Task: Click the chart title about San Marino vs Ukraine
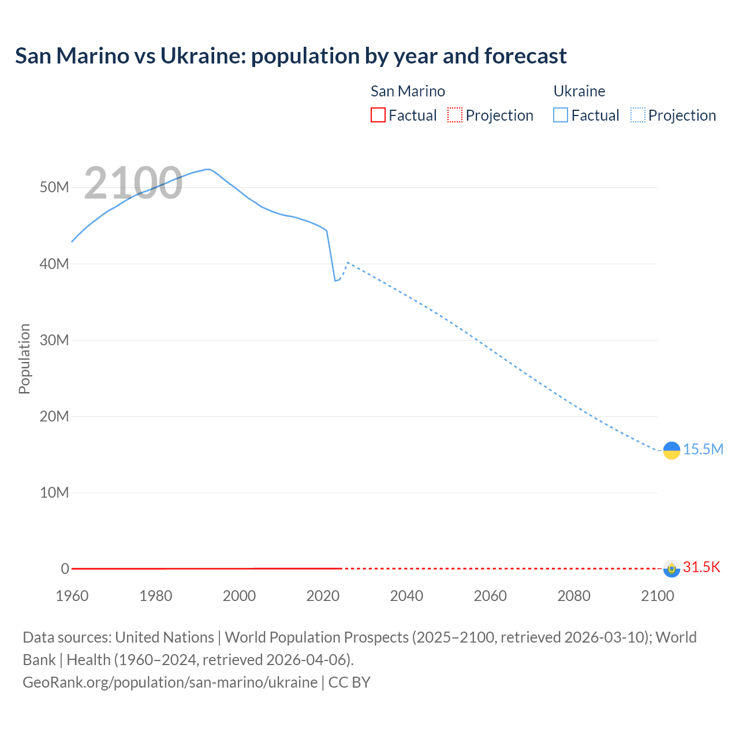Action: pyautogui.click(x=290, y=56)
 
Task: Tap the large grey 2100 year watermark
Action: pyautogui.click(x=133, y=183)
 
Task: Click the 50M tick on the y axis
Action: pyautogui.click(x=54, y=188)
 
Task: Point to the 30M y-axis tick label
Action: pyautogui.click(x=54, y=340)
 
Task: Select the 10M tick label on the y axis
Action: pyautogui.click(x=54, y=492)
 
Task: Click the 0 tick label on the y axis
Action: pyautogui.click(x=65, y=569)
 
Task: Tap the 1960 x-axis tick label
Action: pyautogui.click(x=72, y=596)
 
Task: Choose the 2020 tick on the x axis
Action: pyautogui.click(x=323, y=596)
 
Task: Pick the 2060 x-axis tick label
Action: pyautogui.click(x=490, y=596)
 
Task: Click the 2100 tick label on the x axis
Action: pyautogui.click(x=657, y=596)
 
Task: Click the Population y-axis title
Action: pyautogui.click(x=24, y=359)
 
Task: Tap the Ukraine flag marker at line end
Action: pyautogui.click(x=671, y=450)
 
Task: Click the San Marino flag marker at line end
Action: pyautogui.click(x=671, y=569)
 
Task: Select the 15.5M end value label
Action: pyautogui.click(x=703, y=450)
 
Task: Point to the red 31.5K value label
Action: pyautogui.click(x=701, y=568)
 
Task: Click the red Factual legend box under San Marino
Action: pyautogui.click(x=378, y=115)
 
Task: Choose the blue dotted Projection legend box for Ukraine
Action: pyautogui.click(x=637, y=115)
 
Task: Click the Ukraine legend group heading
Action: pyautogui.click(x=579, y=91)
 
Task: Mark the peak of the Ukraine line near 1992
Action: pyautogui.click(x=207, y=169)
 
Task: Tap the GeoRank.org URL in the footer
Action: pyautogui.click(x=170, y=682)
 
